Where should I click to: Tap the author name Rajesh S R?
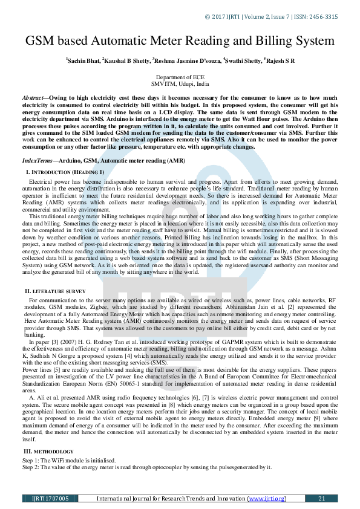pyautogui.click(x=280, y=61)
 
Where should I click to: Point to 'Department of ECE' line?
pyautogui.click(x=180, y=78)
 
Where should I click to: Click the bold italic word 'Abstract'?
pyautogui.click(x=34, y=97)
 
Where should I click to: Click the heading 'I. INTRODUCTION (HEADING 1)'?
pyautogui.click(x=65, y=173)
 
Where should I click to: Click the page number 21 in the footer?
pyautogui.click(x=321, y=499)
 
